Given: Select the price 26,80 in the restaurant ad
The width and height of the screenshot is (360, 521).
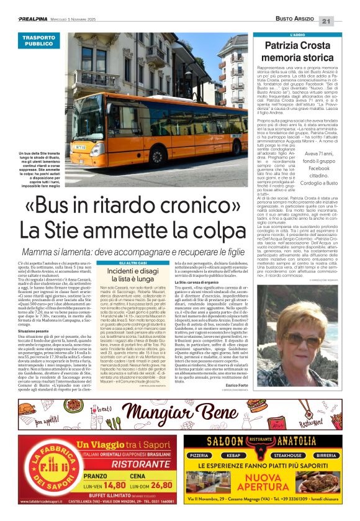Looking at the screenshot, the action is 160,486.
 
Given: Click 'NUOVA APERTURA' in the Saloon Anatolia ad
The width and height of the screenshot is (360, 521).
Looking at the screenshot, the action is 272,481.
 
